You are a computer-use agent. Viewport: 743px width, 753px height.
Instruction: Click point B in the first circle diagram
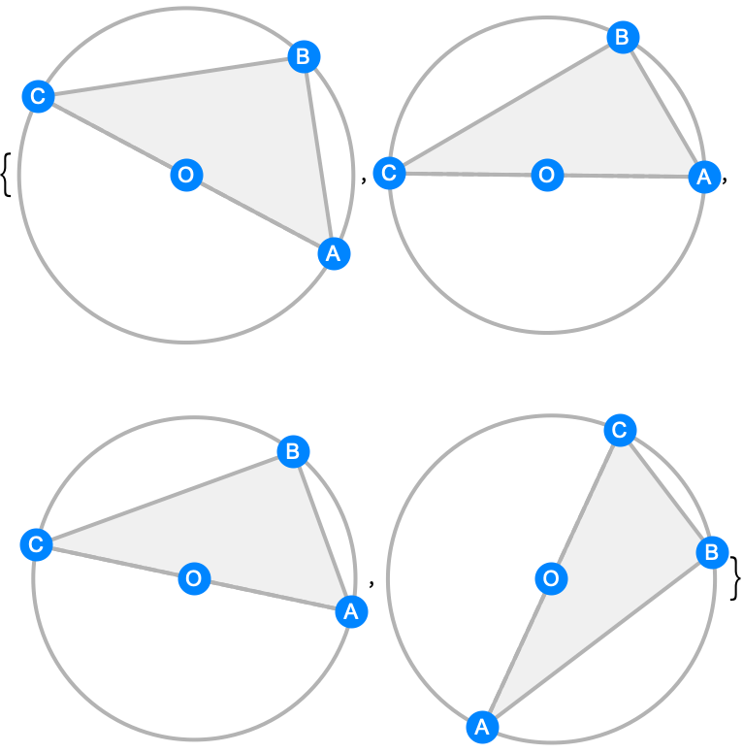click(304, 56)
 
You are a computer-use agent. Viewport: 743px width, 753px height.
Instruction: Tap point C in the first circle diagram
click(39, 96)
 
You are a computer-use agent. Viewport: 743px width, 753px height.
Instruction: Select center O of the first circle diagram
click(186, 175)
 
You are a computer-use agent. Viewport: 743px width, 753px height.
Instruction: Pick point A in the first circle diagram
click(334, 253)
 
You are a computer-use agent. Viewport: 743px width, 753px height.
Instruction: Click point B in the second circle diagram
click(623, 37)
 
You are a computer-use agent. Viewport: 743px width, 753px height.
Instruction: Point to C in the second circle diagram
click(389, 173)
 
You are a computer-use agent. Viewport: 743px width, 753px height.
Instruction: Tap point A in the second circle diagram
click(704, 177)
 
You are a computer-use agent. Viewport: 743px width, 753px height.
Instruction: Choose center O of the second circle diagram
click(547, 175)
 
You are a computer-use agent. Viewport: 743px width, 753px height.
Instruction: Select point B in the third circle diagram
click(293, 451)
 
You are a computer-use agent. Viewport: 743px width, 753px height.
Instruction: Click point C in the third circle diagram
click(37, 544)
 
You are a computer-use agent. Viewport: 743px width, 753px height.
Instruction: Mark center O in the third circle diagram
click(194, 578)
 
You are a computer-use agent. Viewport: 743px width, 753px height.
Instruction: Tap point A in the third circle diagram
click(351, 611)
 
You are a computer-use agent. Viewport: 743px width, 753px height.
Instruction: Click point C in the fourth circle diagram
click(620, 430)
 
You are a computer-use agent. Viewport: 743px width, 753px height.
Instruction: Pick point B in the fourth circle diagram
click(712, 552)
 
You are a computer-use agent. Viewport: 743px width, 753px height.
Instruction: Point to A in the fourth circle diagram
click(482, 727)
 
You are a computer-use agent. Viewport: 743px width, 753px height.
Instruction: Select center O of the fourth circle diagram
click(551, 578)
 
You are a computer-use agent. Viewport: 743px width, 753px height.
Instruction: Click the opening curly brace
click(6, 175)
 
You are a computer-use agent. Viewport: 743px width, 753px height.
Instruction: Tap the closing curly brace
click(735, 578)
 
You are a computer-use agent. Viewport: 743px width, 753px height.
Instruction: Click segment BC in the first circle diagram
click(172, 77)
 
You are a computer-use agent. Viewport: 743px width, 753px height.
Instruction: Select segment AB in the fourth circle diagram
click(598, 639)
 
